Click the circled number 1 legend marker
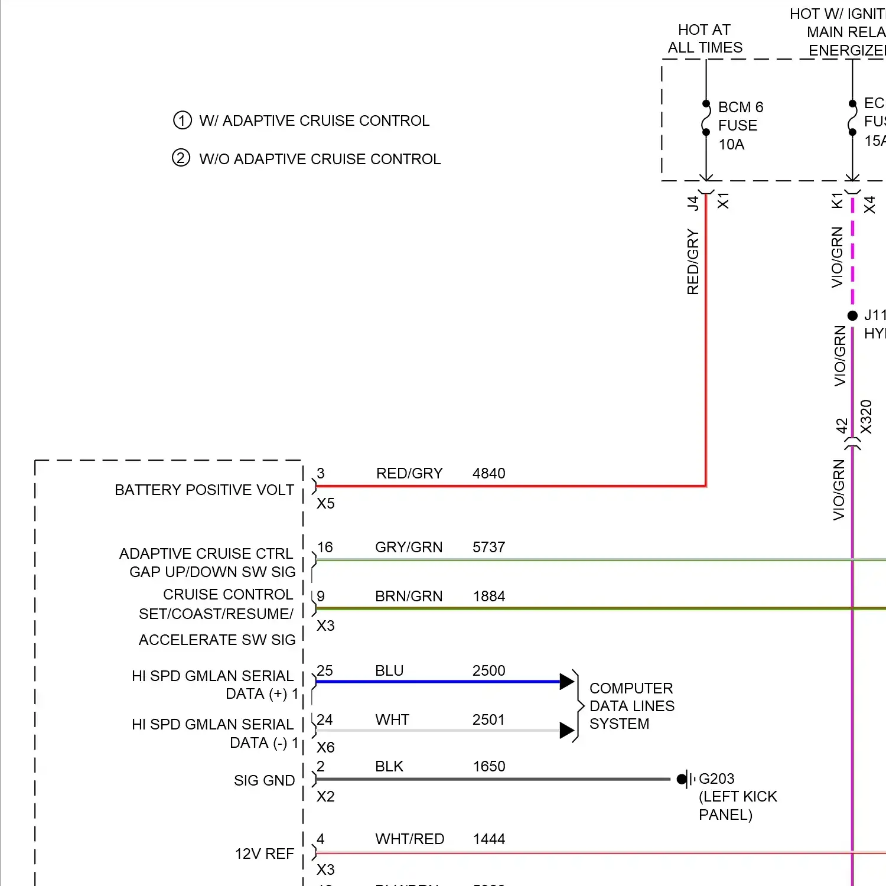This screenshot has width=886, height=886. pos(182,120)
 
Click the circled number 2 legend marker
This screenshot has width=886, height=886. pos(181,158)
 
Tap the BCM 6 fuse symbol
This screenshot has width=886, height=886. pos(706,118)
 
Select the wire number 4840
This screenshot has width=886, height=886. pos(488,474)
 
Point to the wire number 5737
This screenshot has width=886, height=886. pos(488,548)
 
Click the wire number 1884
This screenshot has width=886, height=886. pos(488,597)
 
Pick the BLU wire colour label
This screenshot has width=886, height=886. pos(389,671)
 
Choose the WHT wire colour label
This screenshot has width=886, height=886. pos(392,720)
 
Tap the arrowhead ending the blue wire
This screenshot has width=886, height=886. pos(566,682)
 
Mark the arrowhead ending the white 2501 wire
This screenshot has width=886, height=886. pos(566,731)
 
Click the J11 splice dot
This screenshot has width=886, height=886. pos(852,316)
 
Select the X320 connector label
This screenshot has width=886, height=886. pos(867,416)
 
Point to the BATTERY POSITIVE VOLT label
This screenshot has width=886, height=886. pos(204,490)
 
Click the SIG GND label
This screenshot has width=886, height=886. pos(264,781)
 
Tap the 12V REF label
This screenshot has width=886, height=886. pos(264,854)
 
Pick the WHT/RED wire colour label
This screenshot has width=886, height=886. pos(409,839)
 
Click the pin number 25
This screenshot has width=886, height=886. pos(325,671)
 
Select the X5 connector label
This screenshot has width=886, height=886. pos(325,504)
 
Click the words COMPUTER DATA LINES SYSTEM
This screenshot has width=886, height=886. pos(631,706)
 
